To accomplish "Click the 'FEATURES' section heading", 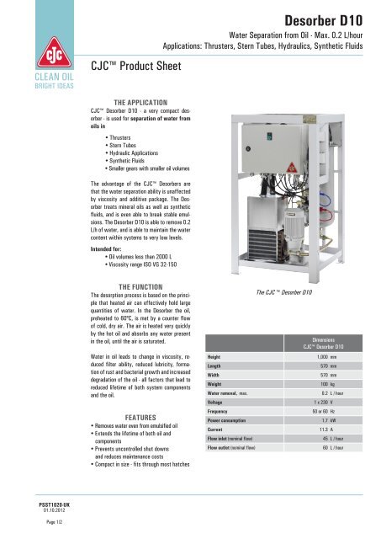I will [139, 417].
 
